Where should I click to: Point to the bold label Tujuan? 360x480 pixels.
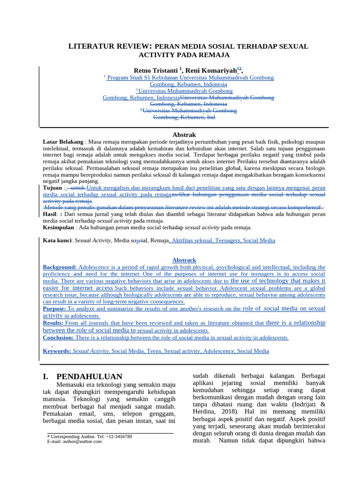pos(52,187)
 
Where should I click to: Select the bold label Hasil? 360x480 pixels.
pos(49,214)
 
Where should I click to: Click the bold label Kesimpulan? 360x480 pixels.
pos(59,227)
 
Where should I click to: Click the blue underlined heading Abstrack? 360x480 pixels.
pos(184,260)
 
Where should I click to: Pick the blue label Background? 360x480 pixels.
pos(60,267)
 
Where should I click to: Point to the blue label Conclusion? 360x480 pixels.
pos(58,337)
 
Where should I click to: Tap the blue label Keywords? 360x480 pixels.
pos(57,351)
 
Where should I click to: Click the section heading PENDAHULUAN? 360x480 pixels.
pos(89,376)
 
